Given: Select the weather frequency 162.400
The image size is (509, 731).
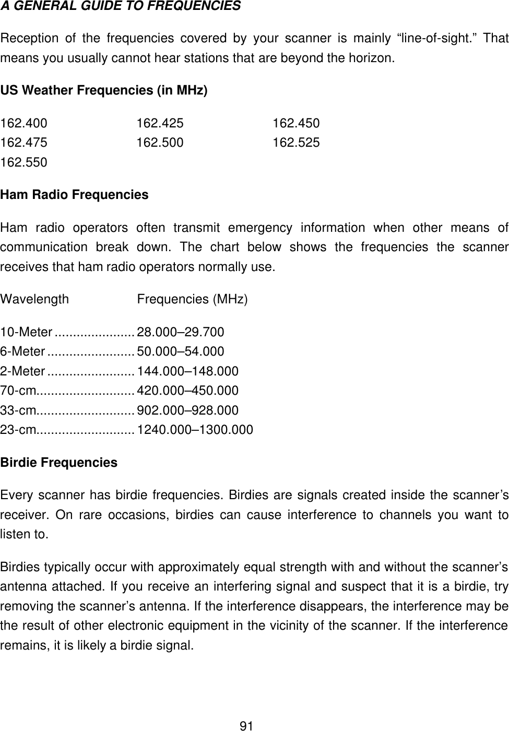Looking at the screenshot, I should [23, 124].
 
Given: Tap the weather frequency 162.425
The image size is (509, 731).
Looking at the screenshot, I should [160, 124].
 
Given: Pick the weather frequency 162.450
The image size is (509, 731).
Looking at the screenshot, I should [296, 124].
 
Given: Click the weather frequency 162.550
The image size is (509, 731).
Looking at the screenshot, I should [23, 162].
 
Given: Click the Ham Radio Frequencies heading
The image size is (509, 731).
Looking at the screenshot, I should [74, 195].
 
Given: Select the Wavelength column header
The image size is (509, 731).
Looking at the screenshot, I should [34, 300].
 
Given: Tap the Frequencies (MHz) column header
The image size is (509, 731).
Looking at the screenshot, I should [192, 300].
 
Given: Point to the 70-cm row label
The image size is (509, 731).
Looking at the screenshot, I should [18, 391].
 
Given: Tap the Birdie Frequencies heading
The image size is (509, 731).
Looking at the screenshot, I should [59, 463].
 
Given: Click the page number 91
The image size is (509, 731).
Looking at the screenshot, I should [246, 725].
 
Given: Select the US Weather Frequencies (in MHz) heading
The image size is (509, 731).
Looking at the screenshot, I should [104, 91].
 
